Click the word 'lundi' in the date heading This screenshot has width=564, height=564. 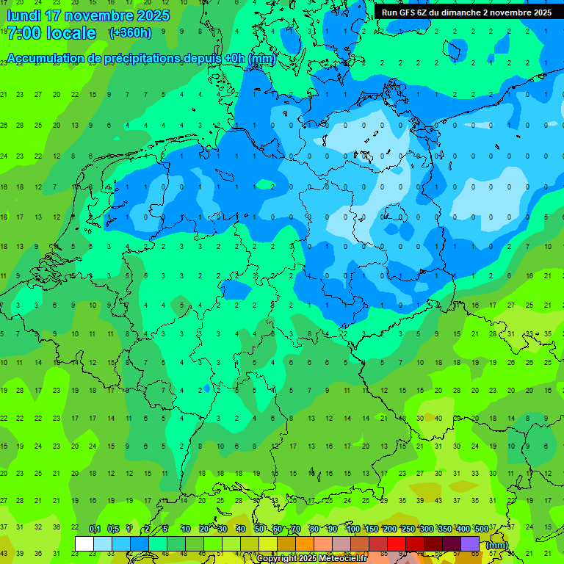point(26,15)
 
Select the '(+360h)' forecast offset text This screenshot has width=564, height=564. point(130,32)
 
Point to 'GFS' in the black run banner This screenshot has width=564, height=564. point(408,12)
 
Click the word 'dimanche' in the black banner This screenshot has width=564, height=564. point(460,12)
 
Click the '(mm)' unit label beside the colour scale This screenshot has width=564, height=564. point(497,544)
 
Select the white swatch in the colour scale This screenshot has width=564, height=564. point(84,543)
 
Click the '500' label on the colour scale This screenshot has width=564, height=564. point(481,529)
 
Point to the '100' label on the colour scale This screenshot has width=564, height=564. point(352,529)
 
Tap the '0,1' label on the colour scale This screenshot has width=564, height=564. point(95,529)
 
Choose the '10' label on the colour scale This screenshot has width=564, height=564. point(186,529)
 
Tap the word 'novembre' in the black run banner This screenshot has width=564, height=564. point(513,12)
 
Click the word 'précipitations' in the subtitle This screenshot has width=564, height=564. point(141,58)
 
